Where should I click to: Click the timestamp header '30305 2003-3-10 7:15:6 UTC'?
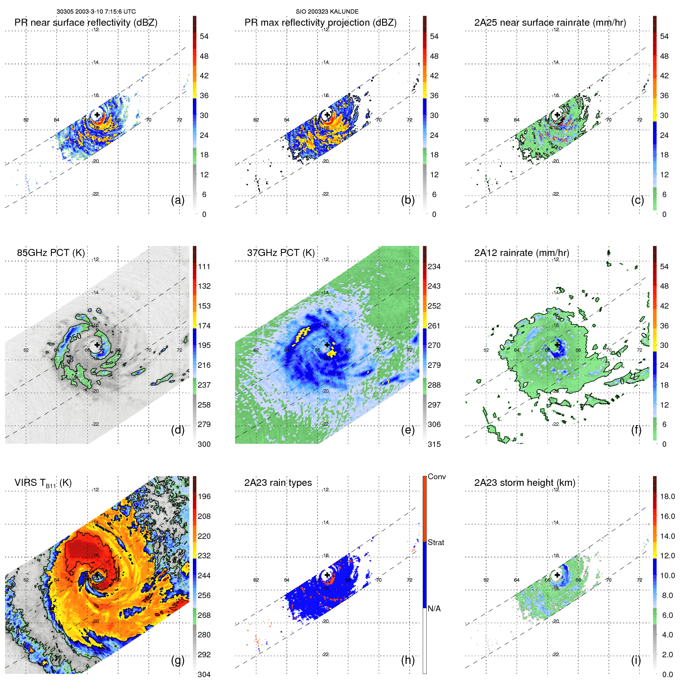96,12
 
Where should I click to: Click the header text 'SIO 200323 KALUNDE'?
327,12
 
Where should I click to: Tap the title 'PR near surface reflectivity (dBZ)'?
86,23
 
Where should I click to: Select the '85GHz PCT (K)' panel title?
51,252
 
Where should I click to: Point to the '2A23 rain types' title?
278,483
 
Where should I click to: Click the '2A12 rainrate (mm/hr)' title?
522,252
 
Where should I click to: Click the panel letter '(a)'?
178,200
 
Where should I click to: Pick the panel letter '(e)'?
408,430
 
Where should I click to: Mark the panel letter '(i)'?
636,660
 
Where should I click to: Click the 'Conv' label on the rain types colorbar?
436,476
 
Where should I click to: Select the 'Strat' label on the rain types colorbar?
436,542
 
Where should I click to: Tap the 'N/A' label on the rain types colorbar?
434,609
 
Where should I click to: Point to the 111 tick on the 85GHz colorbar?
204,266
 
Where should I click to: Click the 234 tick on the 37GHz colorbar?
434,266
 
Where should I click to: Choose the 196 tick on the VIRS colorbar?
204,496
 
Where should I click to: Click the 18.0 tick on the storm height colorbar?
667,496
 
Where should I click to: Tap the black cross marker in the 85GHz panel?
97,345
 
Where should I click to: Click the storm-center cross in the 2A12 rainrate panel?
557,345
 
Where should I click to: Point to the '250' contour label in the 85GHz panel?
75,337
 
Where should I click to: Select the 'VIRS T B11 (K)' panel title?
43,483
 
